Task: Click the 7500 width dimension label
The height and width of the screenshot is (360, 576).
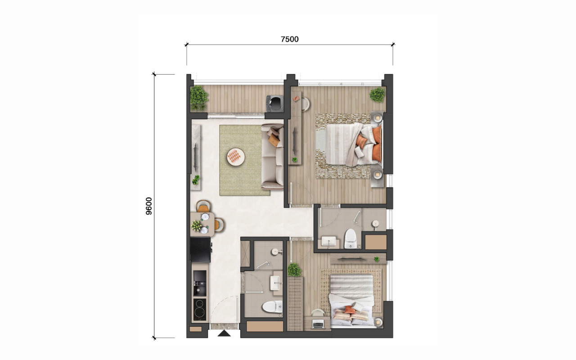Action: tap(289, 39)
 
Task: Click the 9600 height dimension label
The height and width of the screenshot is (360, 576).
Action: tap(149, 206)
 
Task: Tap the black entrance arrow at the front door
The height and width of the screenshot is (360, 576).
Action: tap(224, 333)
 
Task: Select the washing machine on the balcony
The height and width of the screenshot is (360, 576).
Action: tap(274, 103)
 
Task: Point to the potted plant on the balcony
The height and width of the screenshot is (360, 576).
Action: tap(198, 98)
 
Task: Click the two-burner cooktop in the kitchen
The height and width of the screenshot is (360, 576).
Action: tap(200, 309)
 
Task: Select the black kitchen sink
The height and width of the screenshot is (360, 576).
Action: tap(200, 283)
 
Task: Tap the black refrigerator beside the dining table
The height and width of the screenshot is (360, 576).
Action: tap(201, 250)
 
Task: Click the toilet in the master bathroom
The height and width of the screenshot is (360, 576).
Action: tap(351, 238)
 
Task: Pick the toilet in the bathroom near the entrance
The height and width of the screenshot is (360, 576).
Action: tap(272, 306)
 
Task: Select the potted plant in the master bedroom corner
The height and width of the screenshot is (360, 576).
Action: tap(378, 94)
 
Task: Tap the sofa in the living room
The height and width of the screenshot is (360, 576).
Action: tap(273, 157)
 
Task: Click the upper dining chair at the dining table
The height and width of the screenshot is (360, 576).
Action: tap(203, 206)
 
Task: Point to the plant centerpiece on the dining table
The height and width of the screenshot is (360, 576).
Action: tap(197, 225)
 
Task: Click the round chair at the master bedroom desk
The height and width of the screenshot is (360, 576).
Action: tap(306, 103)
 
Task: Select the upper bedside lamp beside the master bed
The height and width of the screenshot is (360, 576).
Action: tap(378, 118)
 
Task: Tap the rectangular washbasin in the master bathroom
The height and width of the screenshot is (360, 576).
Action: tap(328, 241)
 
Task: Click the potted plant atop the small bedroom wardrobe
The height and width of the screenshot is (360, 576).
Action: tap(294, 270)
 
